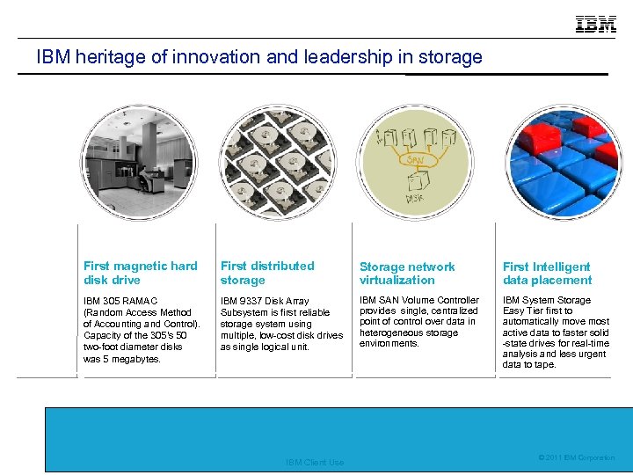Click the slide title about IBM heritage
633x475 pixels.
coord(259,57)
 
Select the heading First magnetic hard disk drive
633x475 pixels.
coord(140,273)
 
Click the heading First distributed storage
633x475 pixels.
coord(266,273)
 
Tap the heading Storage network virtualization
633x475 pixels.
coord(406,273)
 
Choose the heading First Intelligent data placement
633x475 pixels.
coord(547,273)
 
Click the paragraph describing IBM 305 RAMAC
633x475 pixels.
coord(142,330)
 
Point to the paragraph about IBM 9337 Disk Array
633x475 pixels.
coord(281,324)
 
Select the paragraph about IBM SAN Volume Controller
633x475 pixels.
coord(418,321)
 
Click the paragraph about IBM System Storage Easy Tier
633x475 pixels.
coord(556,332)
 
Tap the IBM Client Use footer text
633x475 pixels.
coord(315,462)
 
